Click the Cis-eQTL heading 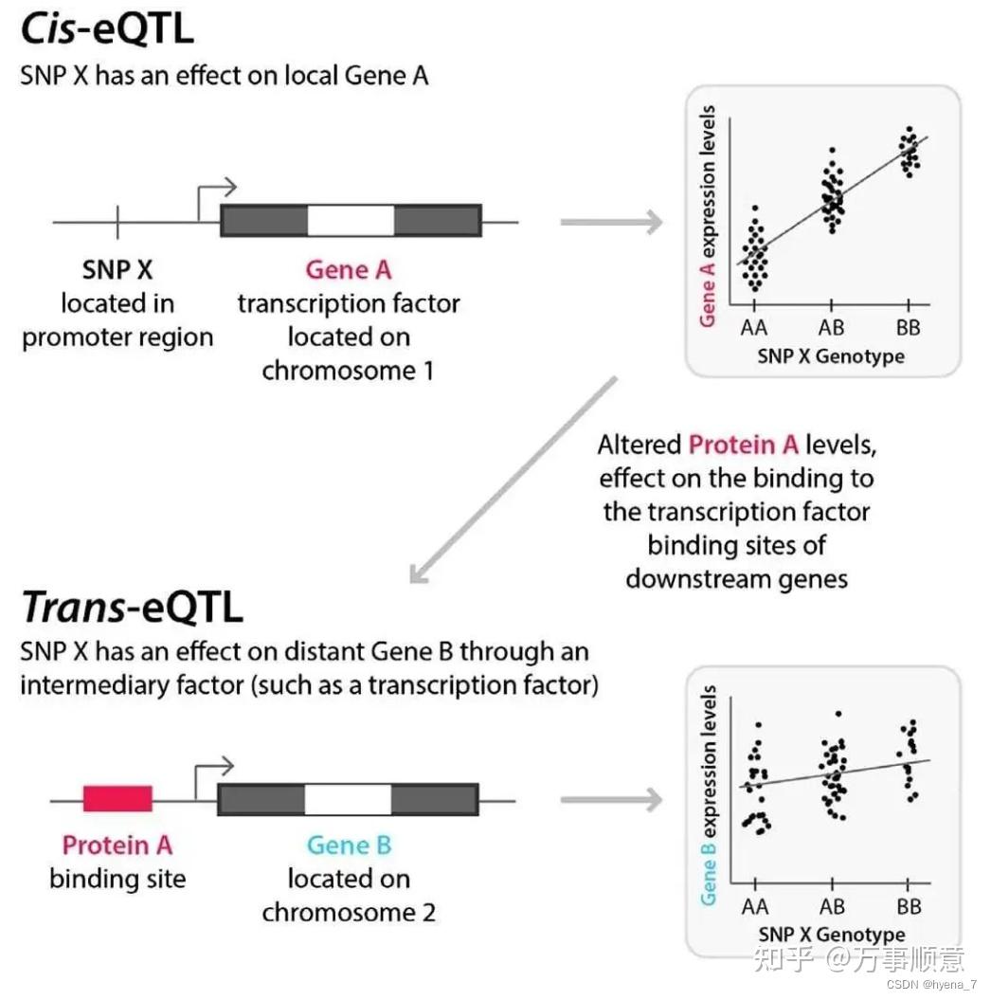pos(107,30)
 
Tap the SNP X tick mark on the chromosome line pos(117,222)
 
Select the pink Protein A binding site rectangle pos(117,799)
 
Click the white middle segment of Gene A pos(351,221)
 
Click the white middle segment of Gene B pos(348,799)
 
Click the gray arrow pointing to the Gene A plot pos(611,223)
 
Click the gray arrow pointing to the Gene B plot pos(611,800)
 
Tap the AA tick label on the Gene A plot pos(755,328)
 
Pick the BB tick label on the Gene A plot pos(908,328)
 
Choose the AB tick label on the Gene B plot pos(831,906)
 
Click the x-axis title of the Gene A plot pos(830,356)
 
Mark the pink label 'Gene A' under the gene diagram pos(348,270)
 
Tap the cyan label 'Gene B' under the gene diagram pos(348,845)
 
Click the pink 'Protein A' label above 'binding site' pos(117,845)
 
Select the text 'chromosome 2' pos(348,913)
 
